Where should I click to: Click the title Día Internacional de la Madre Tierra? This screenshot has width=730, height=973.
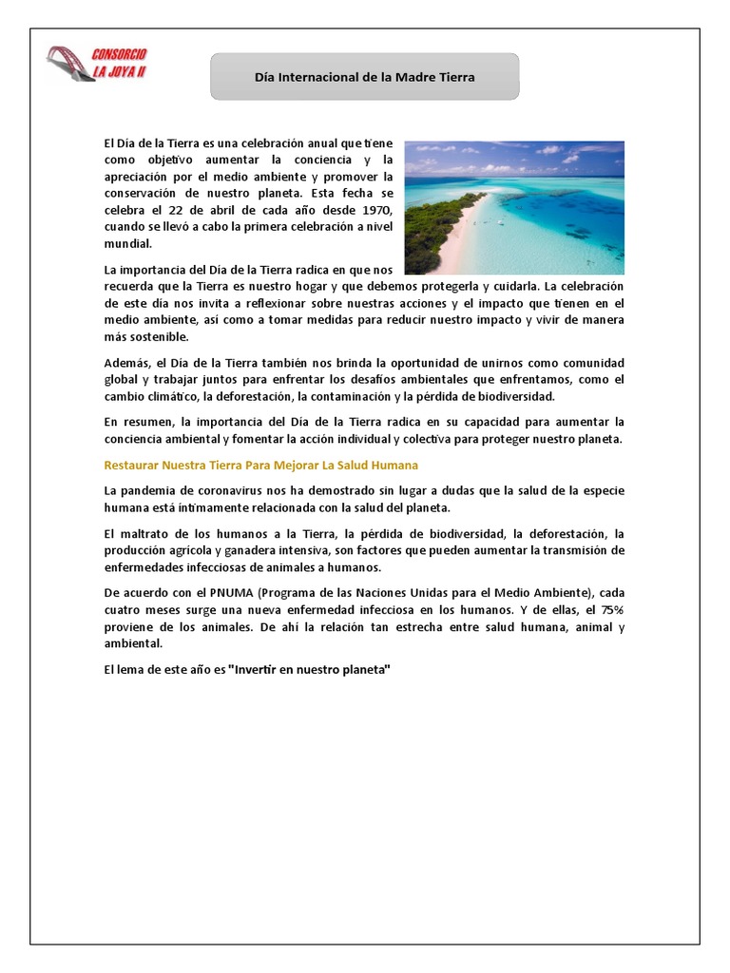click(364, 76)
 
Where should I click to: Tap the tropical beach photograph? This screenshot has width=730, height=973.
click(514, 207)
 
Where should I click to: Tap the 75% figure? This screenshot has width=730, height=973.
click(606, 610)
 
